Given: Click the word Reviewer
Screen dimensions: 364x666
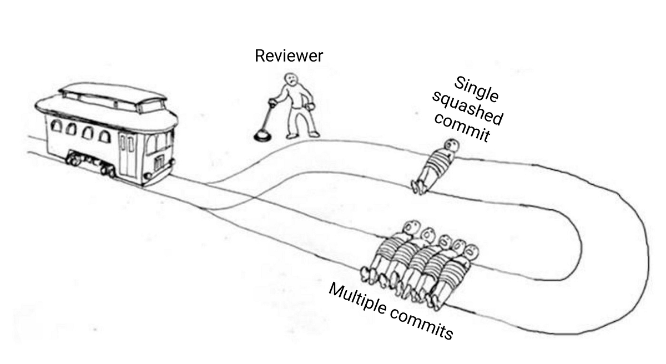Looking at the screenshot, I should [289, 56].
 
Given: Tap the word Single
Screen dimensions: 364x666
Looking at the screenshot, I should [476, 88].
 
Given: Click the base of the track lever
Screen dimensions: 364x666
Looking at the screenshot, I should [261, 134].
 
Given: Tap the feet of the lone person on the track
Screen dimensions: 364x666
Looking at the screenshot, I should [418, 186].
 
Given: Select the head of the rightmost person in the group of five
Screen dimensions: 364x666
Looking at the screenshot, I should [471, 251].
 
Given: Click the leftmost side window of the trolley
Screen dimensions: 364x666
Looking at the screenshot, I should [57, 127].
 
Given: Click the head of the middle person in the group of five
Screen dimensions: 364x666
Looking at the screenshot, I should [445, 241].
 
